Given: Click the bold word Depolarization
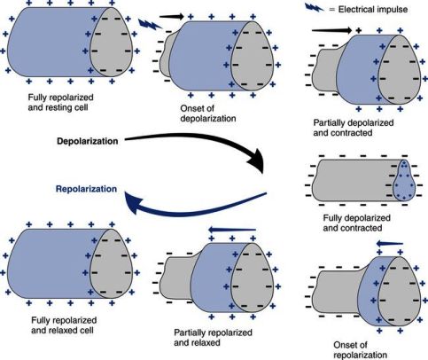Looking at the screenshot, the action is coord(88,141).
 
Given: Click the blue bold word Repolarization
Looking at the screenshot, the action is coord(87,189).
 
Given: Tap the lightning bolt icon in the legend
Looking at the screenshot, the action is coord(315,8).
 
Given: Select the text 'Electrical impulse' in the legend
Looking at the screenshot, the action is coord(373,10).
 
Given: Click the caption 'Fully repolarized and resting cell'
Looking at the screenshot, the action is coord(60,102).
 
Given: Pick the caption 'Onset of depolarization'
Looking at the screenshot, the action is coord(208,113).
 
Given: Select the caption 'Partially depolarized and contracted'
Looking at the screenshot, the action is coord(354,128).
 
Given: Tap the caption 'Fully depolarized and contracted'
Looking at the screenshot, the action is coord(356,223).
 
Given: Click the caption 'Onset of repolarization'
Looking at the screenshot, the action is coord(360,350).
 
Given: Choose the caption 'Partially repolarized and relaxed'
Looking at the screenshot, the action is coord(213,338).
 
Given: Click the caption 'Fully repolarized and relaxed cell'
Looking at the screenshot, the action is coord(64,325).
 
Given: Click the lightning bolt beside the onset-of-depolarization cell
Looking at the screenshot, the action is coord(150,24).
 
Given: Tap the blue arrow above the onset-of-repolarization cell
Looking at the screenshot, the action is coord(390,244).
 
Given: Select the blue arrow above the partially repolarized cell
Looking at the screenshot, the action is coord(232,230).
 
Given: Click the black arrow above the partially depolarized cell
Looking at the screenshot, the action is coord(332,30).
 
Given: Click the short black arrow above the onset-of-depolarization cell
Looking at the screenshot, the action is coord(172,17).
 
